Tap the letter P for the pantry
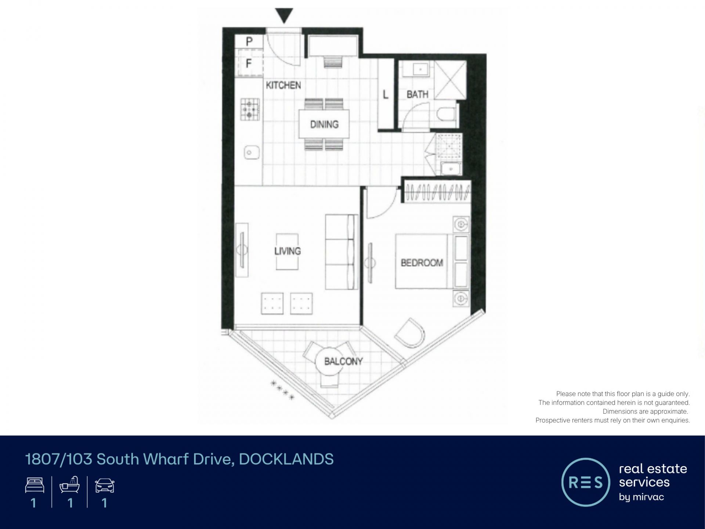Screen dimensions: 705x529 [x=249, y=42]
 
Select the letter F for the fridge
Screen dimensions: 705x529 [x=249, y=64]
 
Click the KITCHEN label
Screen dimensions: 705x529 [x=283, y=85]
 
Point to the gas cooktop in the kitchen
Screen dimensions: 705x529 [x=250, y=109]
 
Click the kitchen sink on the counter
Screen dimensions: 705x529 [x=252, y=152]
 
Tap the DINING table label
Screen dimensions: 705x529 [x=324, y=124]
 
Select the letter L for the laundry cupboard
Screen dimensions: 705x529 [x=386, y=95]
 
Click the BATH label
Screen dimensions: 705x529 [x=417, y=94]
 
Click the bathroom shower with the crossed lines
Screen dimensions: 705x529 [x=450, y=80]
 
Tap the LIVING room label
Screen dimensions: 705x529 [x=288, y=251]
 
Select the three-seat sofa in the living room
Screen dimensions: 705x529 [x=341, y=252]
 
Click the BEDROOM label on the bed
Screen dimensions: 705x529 [x=422, y=263]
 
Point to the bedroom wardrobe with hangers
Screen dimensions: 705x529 [x=437, y=191]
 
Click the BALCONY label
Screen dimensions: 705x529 [x=343, y=361]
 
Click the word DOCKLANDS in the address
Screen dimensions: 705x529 [x=286, y=459]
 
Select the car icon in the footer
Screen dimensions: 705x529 [x=105, y=486]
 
